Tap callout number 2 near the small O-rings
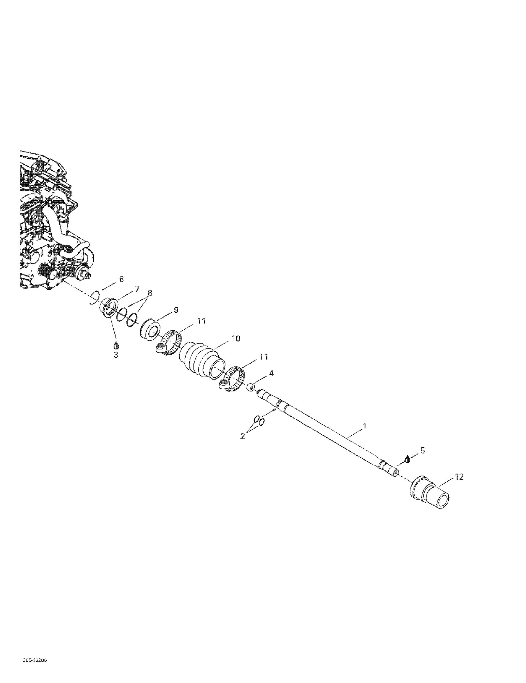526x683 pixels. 243,436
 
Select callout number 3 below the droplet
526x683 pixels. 116,355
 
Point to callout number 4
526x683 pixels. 271,373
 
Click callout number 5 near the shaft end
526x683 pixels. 422,450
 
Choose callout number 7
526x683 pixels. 137,289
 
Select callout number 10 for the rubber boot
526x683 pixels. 236,338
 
